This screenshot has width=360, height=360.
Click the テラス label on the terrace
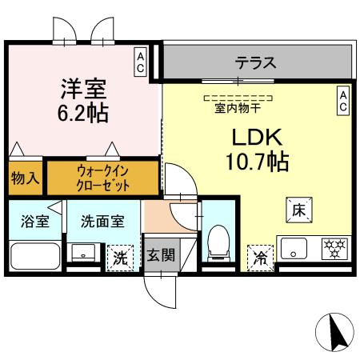click(255, 62)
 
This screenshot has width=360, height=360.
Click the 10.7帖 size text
click(254, 162)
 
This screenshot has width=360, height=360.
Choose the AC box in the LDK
click(343, 99)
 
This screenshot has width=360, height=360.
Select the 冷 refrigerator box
click(260, 256)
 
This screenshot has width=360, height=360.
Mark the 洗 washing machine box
click(119, 257)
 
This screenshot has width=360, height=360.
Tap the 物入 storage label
click(25, 178)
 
